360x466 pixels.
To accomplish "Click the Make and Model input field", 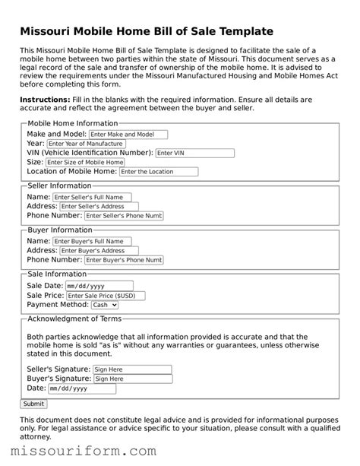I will pyautogui.click(x=126, y=133).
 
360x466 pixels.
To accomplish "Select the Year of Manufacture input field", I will pyautogui.click(x=85, y=143).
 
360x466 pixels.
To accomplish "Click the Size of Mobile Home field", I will pyautogui.click(x=84, y=162).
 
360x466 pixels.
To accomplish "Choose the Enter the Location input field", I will pyautogui.click(x=159, y=172).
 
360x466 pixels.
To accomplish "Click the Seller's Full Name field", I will pyautogui.click(x=91, y=197).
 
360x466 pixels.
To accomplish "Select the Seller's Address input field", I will pyautogui.click(x=99, y=206).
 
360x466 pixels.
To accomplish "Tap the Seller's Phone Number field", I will pyautogui.click(x=123, y=216).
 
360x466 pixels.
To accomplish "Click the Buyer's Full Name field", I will pyautogui.click(x=91, y=241).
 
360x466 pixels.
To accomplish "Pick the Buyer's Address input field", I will pyautogui.click(x=99, y=250).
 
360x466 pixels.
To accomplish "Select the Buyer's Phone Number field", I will pyautogui.click(x=123, y=260).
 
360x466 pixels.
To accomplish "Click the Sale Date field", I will pyautogui.click(x=93, y=286).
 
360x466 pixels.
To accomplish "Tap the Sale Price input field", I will pyautogui.click(x=105, y=296).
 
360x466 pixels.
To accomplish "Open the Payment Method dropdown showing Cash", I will pyautogui.click(x=105, y=305).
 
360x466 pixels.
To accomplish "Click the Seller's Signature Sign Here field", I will pyautogui.click(x=132, y=369).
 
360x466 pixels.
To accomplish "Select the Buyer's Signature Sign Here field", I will pyautogui.click(x=132, y=379).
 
